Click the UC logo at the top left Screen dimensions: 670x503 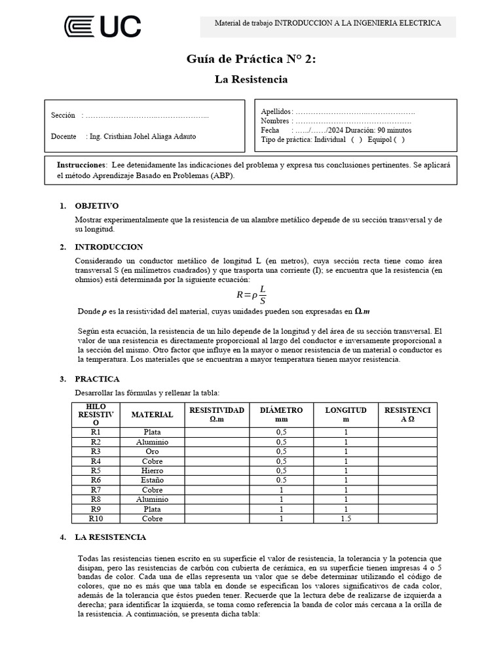102,26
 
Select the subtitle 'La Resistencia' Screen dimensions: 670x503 251,79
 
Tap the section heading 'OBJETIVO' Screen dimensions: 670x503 97,205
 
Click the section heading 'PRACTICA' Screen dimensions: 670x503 98,379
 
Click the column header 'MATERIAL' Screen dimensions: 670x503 152,414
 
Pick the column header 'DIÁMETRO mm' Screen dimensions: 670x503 282,414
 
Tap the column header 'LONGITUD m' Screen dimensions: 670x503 346,414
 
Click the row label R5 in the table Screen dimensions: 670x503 96,470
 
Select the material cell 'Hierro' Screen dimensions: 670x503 152,470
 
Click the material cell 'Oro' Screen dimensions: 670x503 152,451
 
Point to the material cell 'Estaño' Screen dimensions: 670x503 152,480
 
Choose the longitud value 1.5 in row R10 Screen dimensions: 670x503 346,518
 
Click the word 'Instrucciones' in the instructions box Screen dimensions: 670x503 81,165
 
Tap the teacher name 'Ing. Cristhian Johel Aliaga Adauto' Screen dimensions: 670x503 141,137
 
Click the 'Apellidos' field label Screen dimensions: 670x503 276,112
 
